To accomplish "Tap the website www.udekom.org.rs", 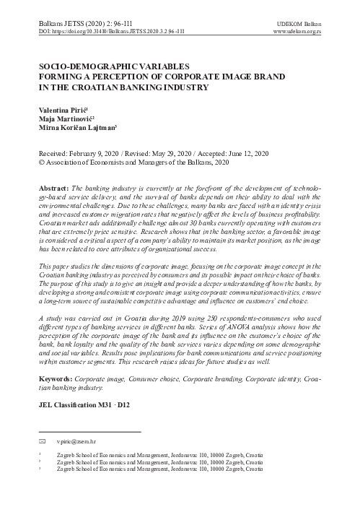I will tap(306, 32).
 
